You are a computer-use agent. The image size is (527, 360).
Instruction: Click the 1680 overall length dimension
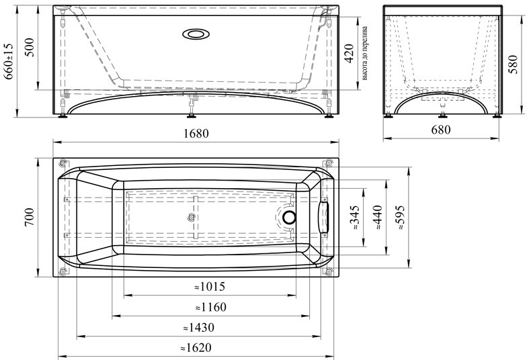(196, 134)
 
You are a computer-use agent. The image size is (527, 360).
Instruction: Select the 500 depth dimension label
(30, 47)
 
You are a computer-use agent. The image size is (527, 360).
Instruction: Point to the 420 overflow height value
(349, 54)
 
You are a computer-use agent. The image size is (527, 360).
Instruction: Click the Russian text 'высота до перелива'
(364, 54)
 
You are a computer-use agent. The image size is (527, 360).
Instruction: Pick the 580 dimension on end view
(513, 64)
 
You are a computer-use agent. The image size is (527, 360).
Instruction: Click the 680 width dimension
(441, 130)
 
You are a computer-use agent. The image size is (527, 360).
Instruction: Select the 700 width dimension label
(30, 218)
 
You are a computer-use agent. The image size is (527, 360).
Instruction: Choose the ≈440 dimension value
(378, 218)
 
